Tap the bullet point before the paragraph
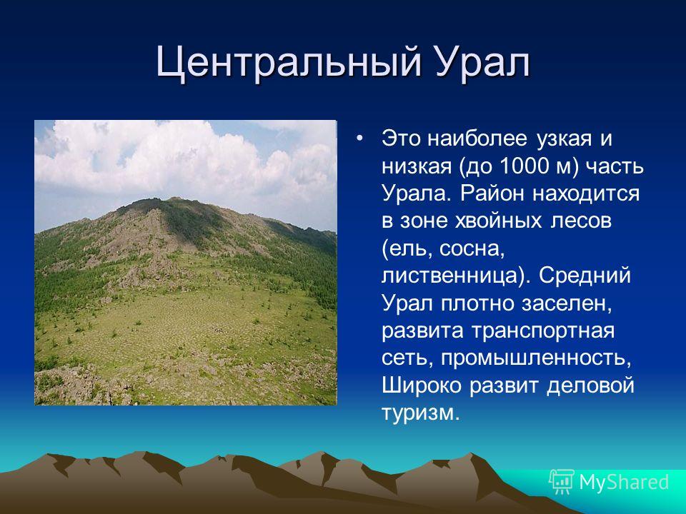pyautogui.click(x=360, y=138)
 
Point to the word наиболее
pyautogui.click(x=477, y=138)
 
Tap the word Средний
pyautogui.click(x=585, y=276)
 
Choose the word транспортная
pyautogui.click(x=543, y=331)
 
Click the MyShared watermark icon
pyautogui.click(x=562, y=482)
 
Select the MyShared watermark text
pyautogui.click(x=624, y=482)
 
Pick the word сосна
pyautogui.click(x=472, y=248)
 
